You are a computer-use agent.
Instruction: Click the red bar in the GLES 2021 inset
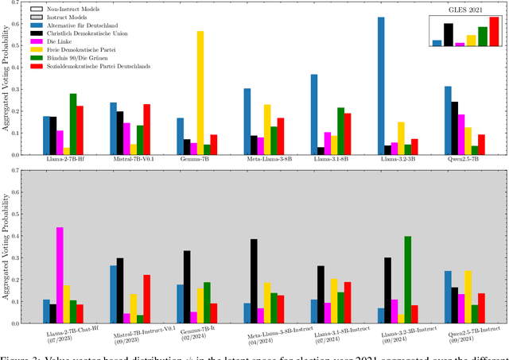pos(494,32)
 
